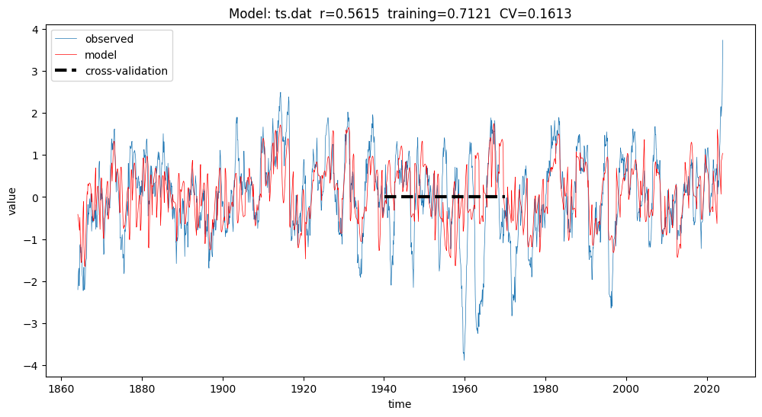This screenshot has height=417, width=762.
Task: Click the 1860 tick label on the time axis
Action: pyautogui.click(x=61, y=386)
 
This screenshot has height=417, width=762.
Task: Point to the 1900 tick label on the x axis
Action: pyautogui.click(x=223, y=386)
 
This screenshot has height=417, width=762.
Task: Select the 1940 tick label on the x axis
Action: pyautogui.click(x=384, y=386)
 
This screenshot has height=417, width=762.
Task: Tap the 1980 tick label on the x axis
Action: pyautogui.click(x=545, y=386)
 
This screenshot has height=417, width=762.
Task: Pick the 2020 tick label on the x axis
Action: pyautogui.click(x=707, y=386)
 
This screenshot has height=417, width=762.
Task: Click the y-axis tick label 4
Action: pyautogui.click(x=35, y=29)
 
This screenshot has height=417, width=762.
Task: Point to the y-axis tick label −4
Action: pyautogui.click(x=32, y=366)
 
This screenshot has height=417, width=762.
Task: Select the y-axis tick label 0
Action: pyautogui.click(x=35, y=197)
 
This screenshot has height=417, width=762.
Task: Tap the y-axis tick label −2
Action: pyautogui.click(x=32, y=281)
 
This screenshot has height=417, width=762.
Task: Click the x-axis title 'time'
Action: pyautogui.click(x=399, y=404)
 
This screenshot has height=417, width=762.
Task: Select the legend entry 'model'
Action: pyautogui.click(x=101, y=55)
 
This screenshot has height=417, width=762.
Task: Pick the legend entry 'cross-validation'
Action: pyautogui.click(x=127, y=71)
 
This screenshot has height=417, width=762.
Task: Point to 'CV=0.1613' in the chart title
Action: pyautogui.click(x=534, y=14)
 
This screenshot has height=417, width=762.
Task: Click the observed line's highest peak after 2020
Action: pyautogui.click(x=722, y=40)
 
